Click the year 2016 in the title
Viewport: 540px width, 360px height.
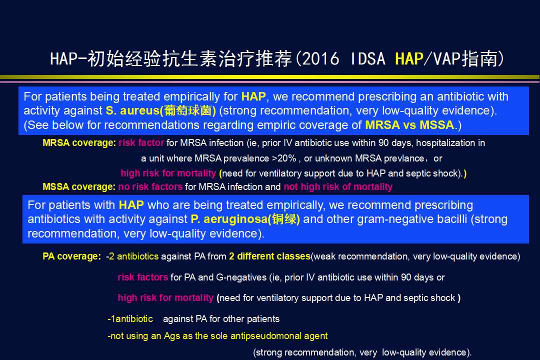pos(320,58)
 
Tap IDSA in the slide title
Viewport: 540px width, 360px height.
pos(368,58)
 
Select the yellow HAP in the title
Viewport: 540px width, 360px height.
pos(409,58)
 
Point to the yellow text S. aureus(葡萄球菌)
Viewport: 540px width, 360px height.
pos(161,110)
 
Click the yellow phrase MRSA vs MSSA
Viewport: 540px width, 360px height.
pos(409,124)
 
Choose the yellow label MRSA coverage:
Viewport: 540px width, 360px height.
pos(79,143)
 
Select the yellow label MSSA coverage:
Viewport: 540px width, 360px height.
pos(79,186)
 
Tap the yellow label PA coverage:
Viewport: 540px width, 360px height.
pos(71,256)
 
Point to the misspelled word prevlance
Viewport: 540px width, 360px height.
pos(404,158)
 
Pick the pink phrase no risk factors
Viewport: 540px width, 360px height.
pos(150,186)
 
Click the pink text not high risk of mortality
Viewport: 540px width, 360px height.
pos(338,186)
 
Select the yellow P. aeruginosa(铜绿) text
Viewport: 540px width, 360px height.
pos(245,219)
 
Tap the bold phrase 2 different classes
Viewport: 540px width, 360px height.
pos(269,256)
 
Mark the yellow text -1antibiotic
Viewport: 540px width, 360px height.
pos(130,319)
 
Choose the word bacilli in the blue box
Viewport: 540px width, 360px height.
pos(451,219)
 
